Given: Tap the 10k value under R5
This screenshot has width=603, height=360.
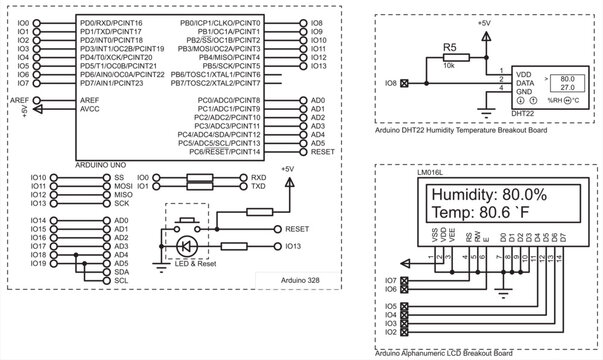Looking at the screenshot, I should coord(450,65).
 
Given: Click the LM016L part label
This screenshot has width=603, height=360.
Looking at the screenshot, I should coord(429,172).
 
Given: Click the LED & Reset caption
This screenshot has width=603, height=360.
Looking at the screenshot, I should coord(187,262).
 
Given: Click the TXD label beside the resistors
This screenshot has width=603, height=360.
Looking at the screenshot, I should coord(258,186).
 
